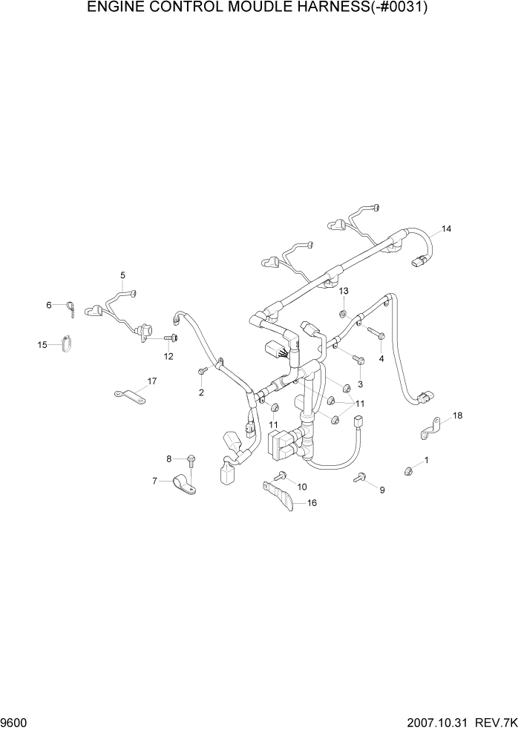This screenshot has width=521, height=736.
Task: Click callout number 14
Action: pos(446,229)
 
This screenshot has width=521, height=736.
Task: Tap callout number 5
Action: pos(123,275)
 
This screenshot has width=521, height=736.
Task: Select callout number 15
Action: pos(43,344)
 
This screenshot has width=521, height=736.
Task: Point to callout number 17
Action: pos(151,381)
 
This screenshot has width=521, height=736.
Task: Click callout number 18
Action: pos(458,415)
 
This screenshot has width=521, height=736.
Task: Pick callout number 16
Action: pos(312,503)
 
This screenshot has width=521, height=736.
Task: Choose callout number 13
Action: pos(344,290)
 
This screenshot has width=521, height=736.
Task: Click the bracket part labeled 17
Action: pos(129,396)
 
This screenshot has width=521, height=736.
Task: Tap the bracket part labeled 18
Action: pos(429,427)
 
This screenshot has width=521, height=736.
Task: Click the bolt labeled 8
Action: pos(191,461)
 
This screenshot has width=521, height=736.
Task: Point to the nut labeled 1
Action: pos(409,469)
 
